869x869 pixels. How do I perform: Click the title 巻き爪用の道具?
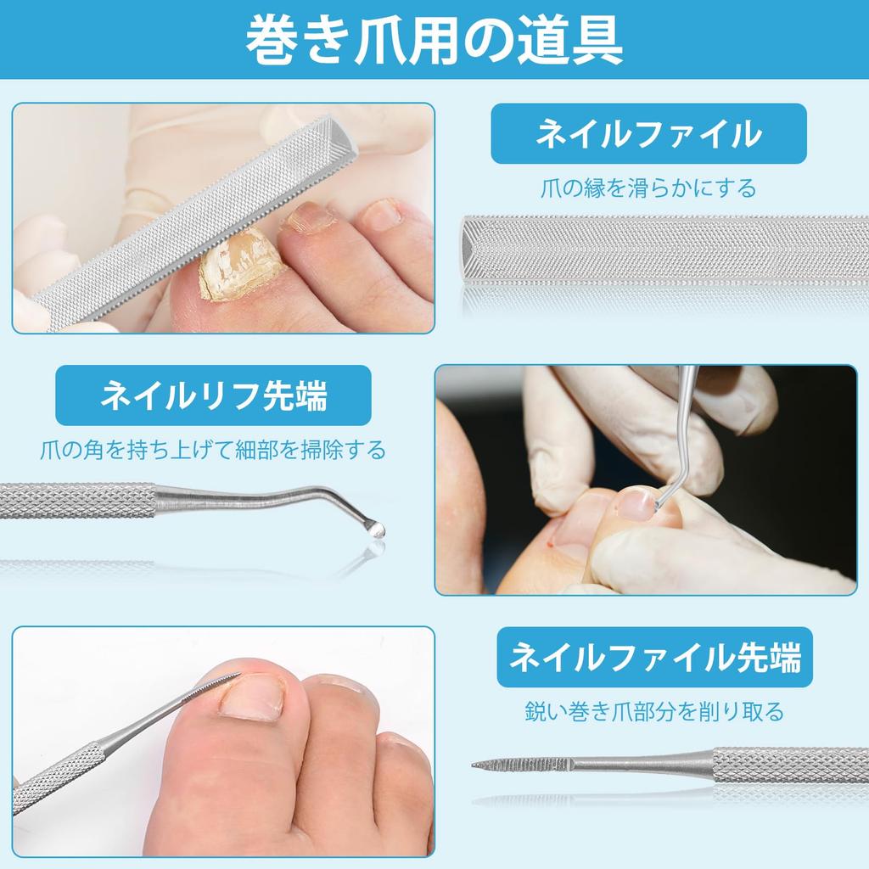[x=434, y=40]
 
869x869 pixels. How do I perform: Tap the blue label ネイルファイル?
[x=648, y=133]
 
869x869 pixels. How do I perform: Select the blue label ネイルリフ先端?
[x=213, y=395]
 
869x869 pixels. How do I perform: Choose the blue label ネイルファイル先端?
[x=655, y=657]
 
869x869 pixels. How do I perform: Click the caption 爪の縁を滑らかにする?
[x=648, y=188]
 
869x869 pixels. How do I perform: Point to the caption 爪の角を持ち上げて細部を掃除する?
[x=213, y=448]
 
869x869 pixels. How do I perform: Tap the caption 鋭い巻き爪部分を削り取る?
[x=653, y=710]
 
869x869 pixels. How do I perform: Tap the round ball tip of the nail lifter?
[x=373, y=527]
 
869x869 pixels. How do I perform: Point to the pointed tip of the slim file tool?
[x=476, y=765]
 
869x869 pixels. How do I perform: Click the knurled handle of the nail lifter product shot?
[x=76, y=500]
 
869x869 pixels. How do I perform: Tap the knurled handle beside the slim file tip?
[x=789, y=764]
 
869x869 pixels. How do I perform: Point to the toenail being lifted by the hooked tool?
[x=635, y=504]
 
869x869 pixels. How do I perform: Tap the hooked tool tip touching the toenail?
[x=659, y=502]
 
